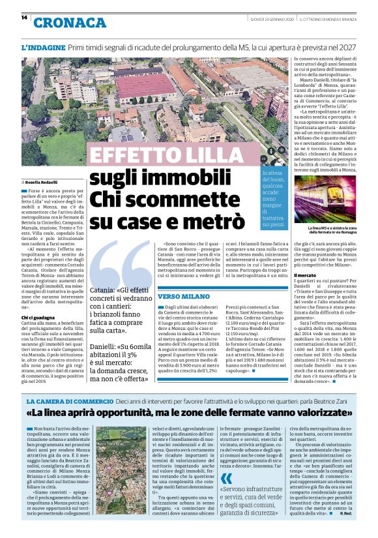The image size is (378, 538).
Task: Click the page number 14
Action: pyautogui.click(x=24, y=18)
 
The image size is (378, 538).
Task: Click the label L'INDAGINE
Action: pyautogui.click(x=43, y=48)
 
